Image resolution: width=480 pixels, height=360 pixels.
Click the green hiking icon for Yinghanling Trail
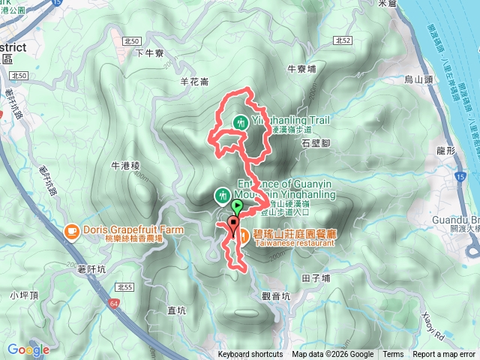click(241, 121)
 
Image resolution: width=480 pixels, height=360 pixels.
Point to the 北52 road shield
click(343, 41)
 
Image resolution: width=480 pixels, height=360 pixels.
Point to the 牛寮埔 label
click(301, 67)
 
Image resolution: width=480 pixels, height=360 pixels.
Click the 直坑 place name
click(177, 310)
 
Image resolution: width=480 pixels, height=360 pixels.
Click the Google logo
click(28, 349)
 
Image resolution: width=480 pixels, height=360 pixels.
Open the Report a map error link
click(443, 355)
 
